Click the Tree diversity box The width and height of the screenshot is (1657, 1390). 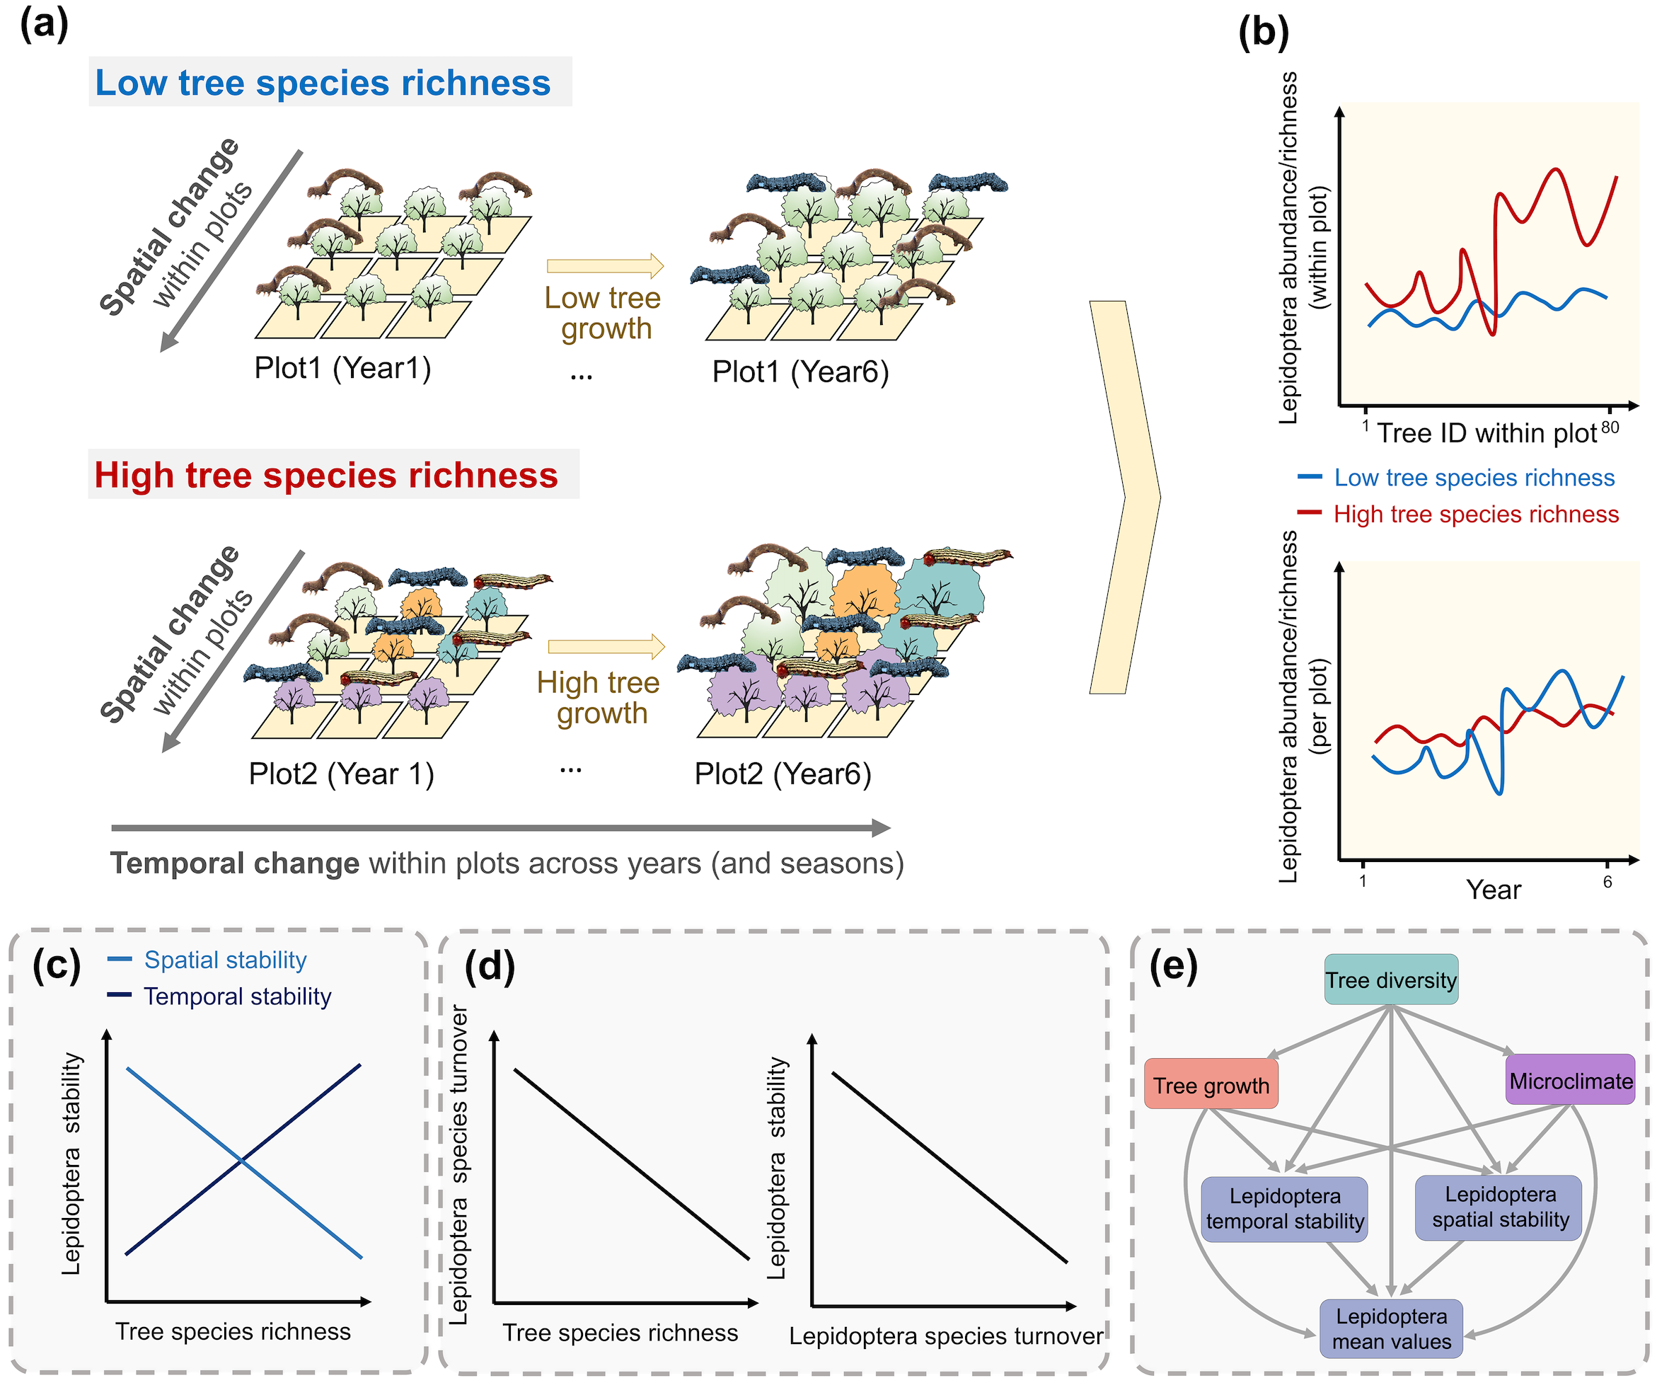point(1390,980)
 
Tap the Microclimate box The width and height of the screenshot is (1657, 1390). point(1570,1080)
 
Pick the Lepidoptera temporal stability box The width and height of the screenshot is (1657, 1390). point(1285,1208)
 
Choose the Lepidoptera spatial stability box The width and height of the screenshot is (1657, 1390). point(1499,1207)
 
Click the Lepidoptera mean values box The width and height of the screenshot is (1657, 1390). point(1391,1329)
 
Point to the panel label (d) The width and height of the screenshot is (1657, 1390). point(489,966)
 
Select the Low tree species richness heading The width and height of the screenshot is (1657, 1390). point(323,82)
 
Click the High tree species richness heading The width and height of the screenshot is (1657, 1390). point(326,475)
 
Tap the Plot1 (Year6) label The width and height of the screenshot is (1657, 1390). point(800,371)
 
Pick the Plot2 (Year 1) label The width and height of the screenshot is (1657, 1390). point(341,774)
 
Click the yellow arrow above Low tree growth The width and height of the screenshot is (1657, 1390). point(605,266)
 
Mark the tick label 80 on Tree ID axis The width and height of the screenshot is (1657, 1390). point(1610,427)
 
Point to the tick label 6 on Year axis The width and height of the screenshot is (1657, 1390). point(1607,882)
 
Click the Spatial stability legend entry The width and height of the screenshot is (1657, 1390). point(225,960)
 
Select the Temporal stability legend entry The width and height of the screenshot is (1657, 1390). point(237,996)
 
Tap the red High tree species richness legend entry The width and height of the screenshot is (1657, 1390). point(1475,514)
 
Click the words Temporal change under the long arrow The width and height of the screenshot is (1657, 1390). point(234,863)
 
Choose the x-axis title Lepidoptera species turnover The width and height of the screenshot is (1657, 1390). point(945,1336)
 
